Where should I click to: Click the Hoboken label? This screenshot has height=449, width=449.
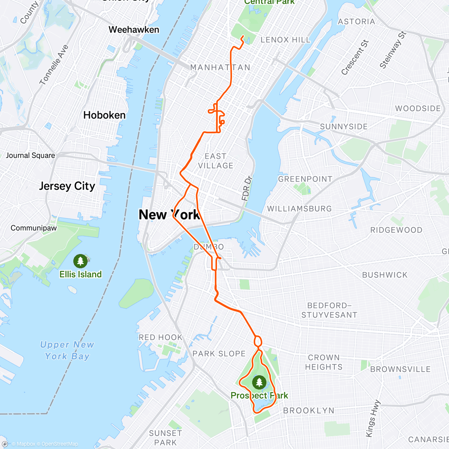click(x=104, y=115)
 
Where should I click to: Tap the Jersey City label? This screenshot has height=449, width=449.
click(x=67, y=186)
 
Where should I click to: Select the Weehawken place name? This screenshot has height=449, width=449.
click(x=134, y=30)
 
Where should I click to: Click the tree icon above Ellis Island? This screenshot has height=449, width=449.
click(x=80, y=261)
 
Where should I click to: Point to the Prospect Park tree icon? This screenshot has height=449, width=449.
click(x=259, y=382)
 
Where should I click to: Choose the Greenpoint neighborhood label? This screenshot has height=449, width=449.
click(x=305, y=179)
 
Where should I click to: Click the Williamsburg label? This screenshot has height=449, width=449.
click(x=299, y=209)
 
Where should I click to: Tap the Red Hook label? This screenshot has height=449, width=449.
click(x=161, y=337)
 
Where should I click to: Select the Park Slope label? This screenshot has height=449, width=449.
click(x=219, y=354)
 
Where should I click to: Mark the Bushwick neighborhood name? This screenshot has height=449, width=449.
click(x=385, y=275)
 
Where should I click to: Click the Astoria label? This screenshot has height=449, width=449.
click(x=356, y=22)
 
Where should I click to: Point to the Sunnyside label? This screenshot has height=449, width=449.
click(x=343, y=126)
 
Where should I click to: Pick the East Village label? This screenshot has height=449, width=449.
click(x=216, y=161)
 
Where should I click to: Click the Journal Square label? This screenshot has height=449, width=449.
click(x=30, y=155)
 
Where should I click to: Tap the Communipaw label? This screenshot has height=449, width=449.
click(x=34, y=228)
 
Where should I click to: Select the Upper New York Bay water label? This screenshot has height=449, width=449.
click(x=67, y=350)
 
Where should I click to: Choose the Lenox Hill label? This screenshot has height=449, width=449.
click(x=285, y=40)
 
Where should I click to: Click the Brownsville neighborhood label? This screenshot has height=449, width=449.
click(x=400, y=369)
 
